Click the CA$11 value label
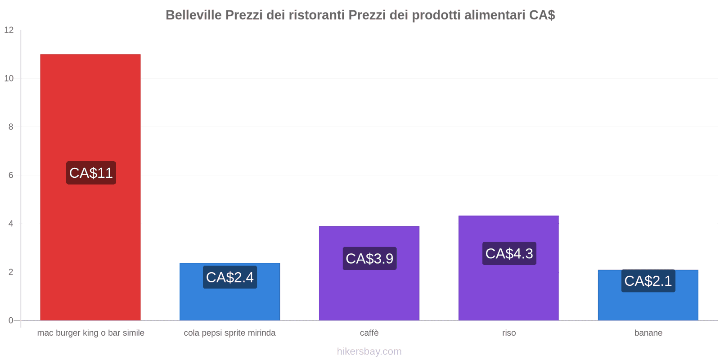(x=91, y=173)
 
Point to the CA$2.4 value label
(x=229, y=277)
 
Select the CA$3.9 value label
(x=369, y=258)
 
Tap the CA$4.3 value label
(x=509, y=253)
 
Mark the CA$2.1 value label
(x=648, y=281)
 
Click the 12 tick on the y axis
(x=9, y=30)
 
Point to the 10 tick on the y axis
(x=9, y=78)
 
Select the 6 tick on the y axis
(x=11, y=175)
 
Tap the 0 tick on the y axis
(x=11, y=320)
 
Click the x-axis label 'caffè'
(x=369, y=333)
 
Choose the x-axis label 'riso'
(x=509, y=333)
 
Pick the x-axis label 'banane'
(x=648, y=333)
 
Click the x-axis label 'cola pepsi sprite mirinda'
(x=229, y=333)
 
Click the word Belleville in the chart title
(x=193, y=15)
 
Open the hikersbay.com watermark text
(x=369, y=351)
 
